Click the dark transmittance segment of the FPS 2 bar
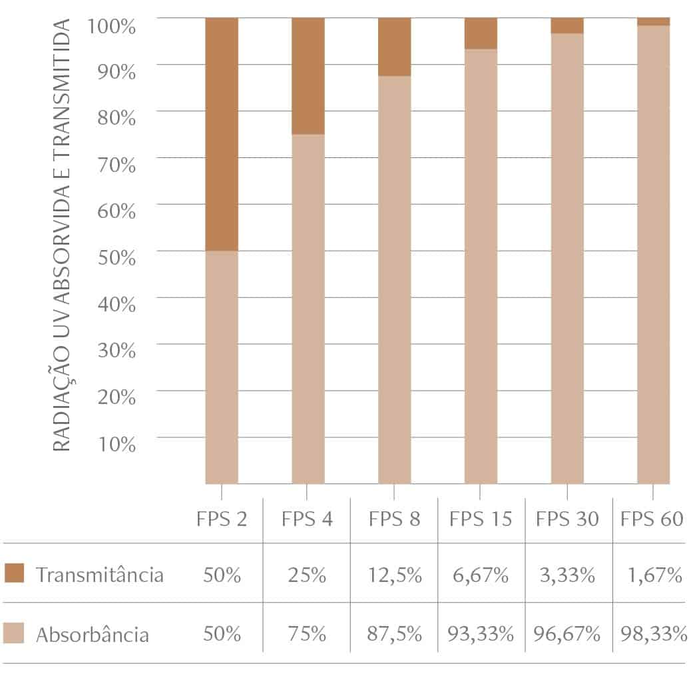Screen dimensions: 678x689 click(x=222, y=134)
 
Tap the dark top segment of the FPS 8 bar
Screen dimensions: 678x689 click(x=395, y=47)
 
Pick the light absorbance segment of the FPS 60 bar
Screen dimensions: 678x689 click(x=653, y=254)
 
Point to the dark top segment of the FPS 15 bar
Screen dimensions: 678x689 click(x=481, y=33)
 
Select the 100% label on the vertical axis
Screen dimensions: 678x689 click(x=111, y=26)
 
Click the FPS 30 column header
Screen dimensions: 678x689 click(x=567, y=519)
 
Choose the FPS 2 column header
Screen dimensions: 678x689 click(x=221, y=519)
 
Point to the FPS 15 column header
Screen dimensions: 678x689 click(x=481, y=519)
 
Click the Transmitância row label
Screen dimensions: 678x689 click(x=100, y=575)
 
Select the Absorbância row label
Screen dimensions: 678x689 click(x=93, y=634)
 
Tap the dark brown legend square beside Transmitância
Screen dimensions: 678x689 click(x=14, y=573)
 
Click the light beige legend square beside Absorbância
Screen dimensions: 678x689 click(x=14, y=633)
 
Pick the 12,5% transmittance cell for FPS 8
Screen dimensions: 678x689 click(x=395, y=575)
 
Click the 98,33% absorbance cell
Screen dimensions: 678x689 click(x=653, y=634)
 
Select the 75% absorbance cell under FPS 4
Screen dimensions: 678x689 click(x=308, y=634)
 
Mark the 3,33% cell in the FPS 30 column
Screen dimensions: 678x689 click(x=567, y=575)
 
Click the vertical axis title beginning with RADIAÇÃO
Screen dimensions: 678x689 click(x=61, y=235)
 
